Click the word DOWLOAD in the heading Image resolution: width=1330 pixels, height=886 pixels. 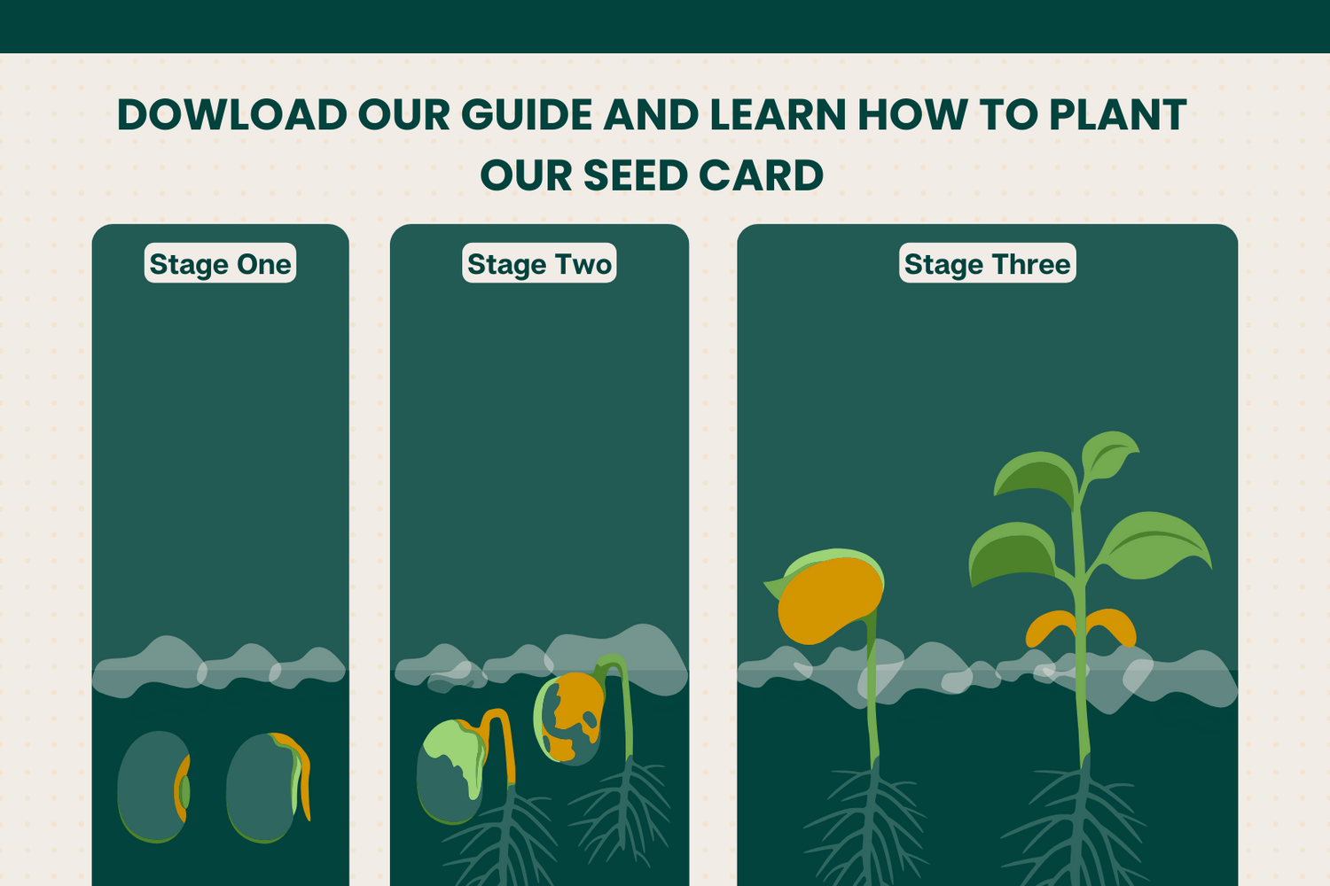pos(232,114)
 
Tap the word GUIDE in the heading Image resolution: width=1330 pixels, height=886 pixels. pos(527,114)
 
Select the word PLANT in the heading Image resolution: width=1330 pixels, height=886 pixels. pos(1117,114)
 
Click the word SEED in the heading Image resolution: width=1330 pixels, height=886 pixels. pos(636,175)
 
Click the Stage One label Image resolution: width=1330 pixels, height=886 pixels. pos(220,263)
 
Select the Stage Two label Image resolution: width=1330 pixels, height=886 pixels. pos(539,263)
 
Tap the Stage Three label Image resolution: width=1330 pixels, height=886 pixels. pos(988,263)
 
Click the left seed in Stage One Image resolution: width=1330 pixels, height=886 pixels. pos(153,787)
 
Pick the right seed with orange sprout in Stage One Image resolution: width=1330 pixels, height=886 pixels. pos(267,788)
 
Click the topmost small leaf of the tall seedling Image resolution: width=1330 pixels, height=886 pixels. pos(1108,455)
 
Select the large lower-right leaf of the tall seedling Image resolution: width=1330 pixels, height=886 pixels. pos(1152,545)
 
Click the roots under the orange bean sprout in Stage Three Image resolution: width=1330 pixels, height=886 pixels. pos(868,825)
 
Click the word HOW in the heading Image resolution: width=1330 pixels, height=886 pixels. pos(911,114)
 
